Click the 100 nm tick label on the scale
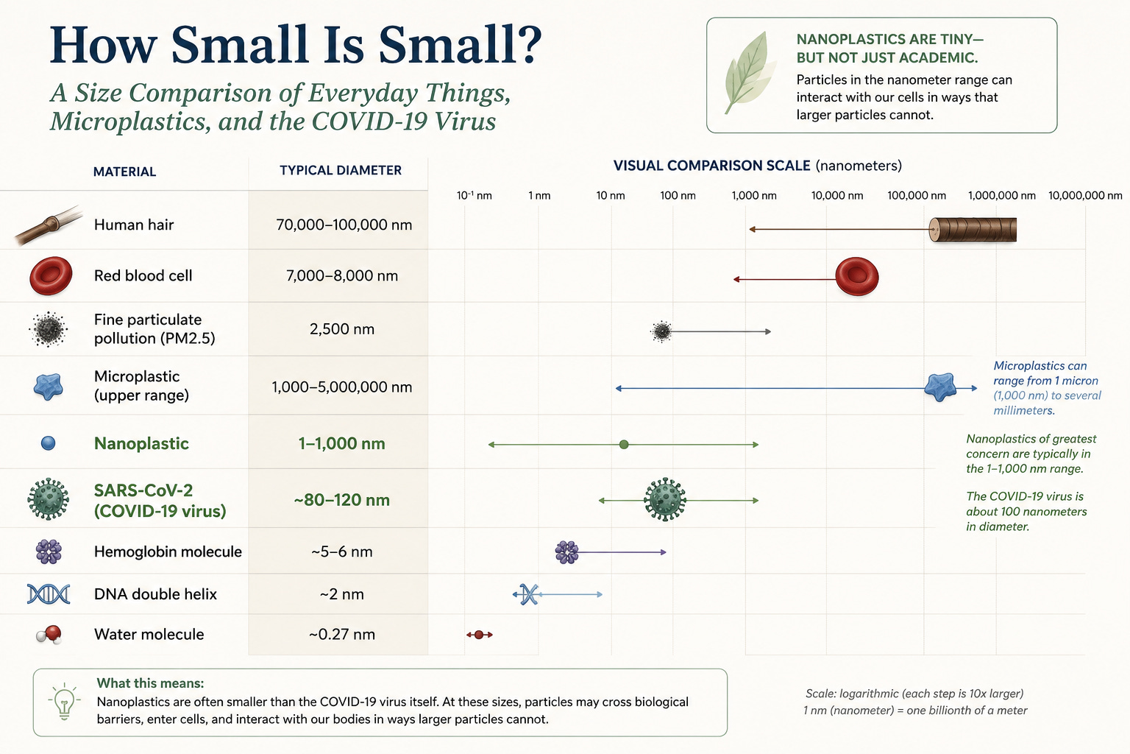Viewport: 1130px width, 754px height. [x=678, y=195]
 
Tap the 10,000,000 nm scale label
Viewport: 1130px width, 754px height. [x=1085, y=195]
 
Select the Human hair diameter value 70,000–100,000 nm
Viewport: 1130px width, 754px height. [x=344, y=225]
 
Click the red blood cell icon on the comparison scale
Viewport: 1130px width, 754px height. [x=857, y=276]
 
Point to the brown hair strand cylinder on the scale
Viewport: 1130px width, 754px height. [x=973, y=230]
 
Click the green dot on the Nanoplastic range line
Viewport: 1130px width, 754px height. [x=624, y=445]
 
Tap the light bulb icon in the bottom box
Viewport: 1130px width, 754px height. [x=64, y=702]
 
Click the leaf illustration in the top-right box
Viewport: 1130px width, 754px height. [x=750, y=72]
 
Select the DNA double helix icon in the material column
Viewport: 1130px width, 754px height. [x=49, y=594]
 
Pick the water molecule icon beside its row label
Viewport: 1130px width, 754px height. [x=49, y=635]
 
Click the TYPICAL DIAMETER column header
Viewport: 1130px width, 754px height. [x=341, y=170]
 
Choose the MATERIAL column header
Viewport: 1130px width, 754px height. [x=124, y=172]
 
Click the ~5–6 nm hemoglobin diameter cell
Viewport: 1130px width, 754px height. [x=342, y=552]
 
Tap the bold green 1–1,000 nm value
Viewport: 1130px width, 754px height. [x=341, y=443]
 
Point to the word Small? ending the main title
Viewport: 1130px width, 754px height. [x=460, y=44]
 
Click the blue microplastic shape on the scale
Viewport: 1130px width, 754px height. [x=940, y=387]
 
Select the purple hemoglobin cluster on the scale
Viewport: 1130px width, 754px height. [x=566, y=552]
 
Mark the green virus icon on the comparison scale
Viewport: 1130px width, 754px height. [x=665, y=499]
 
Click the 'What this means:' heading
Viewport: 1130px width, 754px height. [x=150, y=683]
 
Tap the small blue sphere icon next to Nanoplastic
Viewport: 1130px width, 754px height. [x=48, y=443]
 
